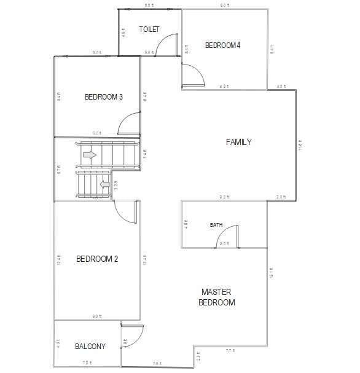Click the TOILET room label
click(x=149, y=29)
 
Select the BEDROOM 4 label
click(x=222, y=45)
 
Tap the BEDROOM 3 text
click(x=104, y=96)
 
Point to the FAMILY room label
click(x=238, y=142)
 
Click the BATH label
click(x=216, y=225)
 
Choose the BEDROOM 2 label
click(x=97, y=259)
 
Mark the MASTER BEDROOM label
click(x=217, y=297)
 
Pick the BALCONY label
click(x=90, y=347)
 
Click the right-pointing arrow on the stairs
click(x=90, y=155)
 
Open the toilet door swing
click(x=166, y=44)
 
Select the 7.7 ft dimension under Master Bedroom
click(x=230, y=350)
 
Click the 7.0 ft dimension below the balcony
click(x=87, y=363)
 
